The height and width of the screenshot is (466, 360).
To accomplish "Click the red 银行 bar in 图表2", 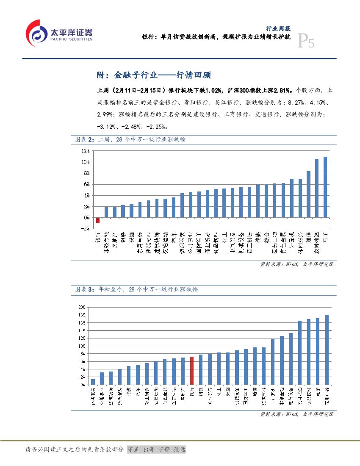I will [98, 220].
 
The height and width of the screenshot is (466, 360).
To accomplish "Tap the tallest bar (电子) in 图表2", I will [325, 187].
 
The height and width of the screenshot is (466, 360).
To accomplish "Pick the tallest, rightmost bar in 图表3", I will [327, 349].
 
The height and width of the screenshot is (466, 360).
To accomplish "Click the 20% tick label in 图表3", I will [82, 307].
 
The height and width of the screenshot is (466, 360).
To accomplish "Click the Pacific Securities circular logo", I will [36, 33].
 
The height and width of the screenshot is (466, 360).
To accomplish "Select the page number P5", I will [306, 42].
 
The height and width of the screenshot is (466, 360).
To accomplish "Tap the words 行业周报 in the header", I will [278, 29].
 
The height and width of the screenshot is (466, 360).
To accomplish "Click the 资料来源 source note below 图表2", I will [296, 264].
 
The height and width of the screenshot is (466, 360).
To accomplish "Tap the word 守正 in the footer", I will [133, 449].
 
